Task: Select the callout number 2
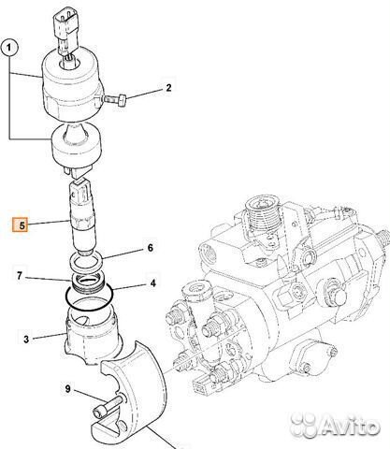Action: (x=168, y=89)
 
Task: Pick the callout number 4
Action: (x=154, y=283)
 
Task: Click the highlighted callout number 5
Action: (x=19, y=224)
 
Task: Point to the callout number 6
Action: (x=149, y=248)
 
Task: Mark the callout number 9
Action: (x=66, y=388)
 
